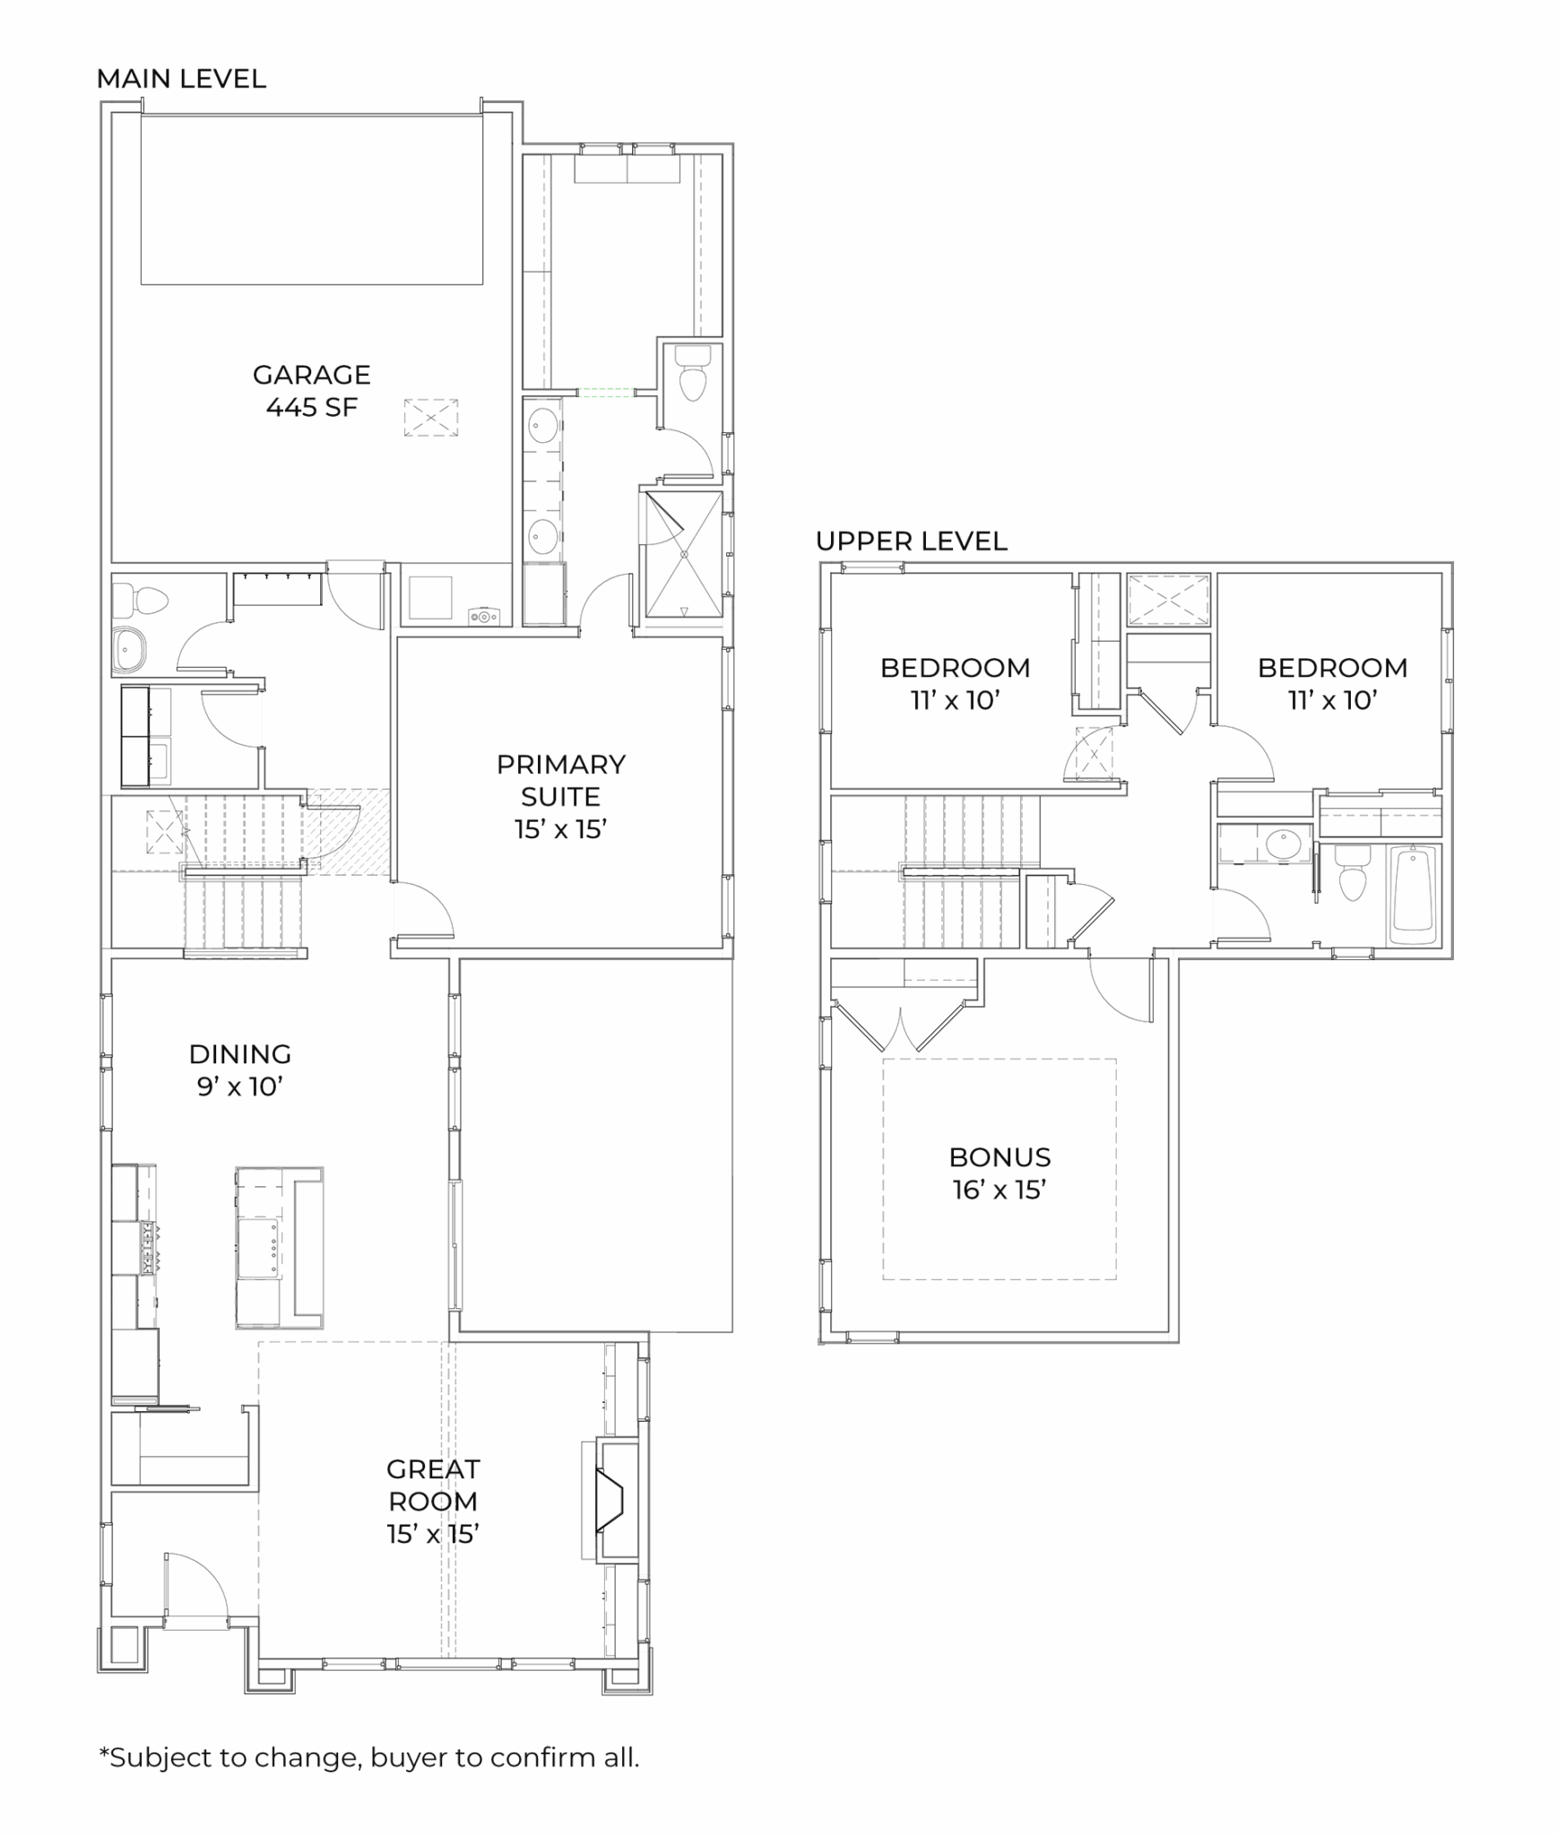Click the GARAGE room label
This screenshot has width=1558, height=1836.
coord(311,374)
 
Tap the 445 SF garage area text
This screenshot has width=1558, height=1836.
coord(311,407)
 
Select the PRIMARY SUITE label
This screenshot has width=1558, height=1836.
coord(560,780)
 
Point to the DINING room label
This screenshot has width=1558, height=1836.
coord(240,1053)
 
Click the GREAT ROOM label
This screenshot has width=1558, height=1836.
coord(433,1485)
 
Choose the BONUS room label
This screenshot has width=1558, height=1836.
coord(1000,1156)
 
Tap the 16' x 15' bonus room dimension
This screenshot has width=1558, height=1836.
coord(1000,1190)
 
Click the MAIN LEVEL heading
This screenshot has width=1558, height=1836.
coord(181,79)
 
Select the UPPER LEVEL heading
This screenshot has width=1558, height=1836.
coord(911,541)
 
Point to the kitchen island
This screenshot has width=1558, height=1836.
coord(279,1247)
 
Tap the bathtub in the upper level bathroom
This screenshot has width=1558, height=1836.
coord(1413,894)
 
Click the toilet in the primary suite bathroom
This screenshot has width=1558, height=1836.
coord(692,375)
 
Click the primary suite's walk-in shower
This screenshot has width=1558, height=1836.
coord(683,553)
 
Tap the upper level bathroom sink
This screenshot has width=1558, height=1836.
coord(1283,844)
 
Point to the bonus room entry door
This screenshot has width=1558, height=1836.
coord(1121,990)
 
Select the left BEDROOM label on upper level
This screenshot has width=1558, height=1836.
coord(955,667)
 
